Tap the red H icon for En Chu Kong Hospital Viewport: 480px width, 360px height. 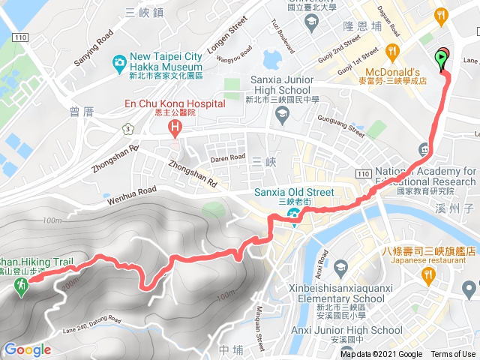pyautogui.click(x=175, y=127)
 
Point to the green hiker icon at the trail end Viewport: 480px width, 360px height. pyautogui.click(x=20, y=284)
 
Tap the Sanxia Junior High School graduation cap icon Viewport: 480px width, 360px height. pyautogui.click(x=283, y=115)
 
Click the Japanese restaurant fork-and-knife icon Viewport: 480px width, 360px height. pyautogui.click(x=428, y=276)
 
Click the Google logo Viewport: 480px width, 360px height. pyautogui.click(x=27, y=349)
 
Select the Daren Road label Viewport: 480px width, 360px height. pyautogui.click(x=227, y=158)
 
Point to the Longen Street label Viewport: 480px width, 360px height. pyautogui.click(x=227, y=37)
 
